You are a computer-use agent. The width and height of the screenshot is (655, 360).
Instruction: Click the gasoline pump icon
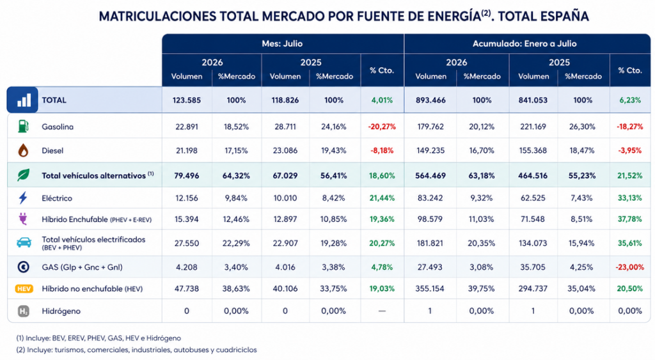coord(24,126)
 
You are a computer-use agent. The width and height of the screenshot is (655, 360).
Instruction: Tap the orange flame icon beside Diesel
coord(24,150)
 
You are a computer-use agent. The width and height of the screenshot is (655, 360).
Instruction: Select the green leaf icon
coord(24,175)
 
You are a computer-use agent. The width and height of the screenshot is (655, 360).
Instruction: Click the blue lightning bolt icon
coord(23,198)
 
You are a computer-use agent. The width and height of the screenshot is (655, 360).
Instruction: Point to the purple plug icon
coord(23,219)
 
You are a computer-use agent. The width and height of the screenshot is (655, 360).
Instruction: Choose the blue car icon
coord(24,242)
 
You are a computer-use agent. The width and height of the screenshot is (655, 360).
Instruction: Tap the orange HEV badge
coord(24,288)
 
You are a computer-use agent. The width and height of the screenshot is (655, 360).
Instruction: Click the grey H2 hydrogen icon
coord(24,311)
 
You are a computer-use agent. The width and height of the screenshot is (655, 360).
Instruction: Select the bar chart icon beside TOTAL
coord(22,100)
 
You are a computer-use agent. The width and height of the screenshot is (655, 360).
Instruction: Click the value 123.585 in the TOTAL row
coord(187,100)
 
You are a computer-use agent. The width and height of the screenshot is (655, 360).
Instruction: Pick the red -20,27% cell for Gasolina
coord(382,127)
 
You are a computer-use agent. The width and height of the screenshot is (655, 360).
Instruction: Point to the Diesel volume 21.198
coord(187,151)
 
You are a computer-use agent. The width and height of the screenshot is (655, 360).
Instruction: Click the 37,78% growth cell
coord(630,219)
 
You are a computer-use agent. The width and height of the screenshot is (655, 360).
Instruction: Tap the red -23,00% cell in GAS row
coord(630,267)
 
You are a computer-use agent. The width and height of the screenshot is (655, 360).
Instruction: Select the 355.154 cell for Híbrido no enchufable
coord(430,288)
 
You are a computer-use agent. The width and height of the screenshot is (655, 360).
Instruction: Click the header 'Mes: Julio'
coord(282,43)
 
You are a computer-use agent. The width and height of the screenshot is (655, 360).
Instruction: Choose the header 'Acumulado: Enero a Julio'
coord(525,43)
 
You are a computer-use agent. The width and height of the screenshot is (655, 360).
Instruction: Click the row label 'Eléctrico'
coord(57,198)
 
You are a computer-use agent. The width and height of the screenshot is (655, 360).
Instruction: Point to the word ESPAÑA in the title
coord(564,16)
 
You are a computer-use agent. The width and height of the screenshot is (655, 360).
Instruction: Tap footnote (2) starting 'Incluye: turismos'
coord(137,350)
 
